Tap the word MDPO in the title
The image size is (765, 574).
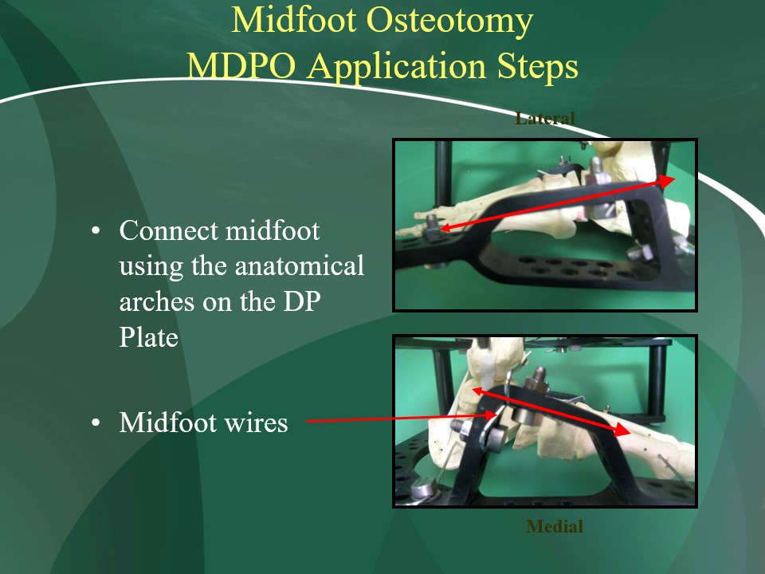[241, 66]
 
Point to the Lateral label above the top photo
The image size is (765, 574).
[545, 119]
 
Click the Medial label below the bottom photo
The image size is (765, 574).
[555, 526]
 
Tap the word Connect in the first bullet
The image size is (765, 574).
[168, 230]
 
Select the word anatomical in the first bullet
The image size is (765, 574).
[300, 266]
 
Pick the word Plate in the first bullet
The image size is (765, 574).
[149, 337]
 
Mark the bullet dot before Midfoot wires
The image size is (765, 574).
[96, 423]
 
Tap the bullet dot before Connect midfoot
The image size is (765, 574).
[96, 230]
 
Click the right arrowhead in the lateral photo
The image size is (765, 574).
[666, 181]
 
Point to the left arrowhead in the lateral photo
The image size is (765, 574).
[447, 227]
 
